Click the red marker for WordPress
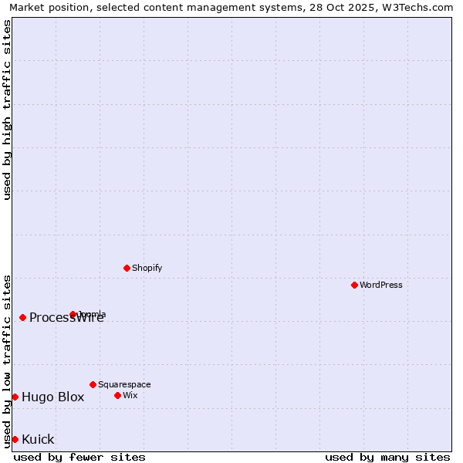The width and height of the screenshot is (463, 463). [x=354, y=285]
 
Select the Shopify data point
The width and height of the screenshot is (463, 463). [x=127, y=268]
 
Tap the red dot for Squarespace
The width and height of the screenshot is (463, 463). [x=93, y=384]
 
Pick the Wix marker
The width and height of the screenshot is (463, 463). [x=117, y=395]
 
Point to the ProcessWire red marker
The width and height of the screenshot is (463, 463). [x=22, y=317]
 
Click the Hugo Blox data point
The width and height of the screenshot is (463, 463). [x=15, y=397]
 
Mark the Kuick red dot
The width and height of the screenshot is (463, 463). [x=15, y=439]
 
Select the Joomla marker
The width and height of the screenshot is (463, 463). [x=73, y=314]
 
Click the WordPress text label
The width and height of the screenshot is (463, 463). [x=381, y=285]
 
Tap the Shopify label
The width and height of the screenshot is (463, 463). [x=147, y=268]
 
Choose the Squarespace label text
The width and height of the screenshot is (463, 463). [x=124, y=384]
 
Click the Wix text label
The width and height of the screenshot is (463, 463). [x=130, y=395]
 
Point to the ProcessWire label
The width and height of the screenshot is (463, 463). [x=66, y=318]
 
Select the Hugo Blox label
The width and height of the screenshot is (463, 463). [x=52, y=397]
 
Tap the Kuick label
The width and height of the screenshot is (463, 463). [x=38, y=440]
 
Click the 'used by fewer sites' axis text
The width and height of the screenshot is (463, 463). [x=79, y=457]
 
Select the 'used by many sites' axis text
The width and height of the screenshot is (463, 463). [x=387, y=457]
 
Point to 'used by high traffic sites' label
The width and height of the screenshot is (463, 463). [x=7, y=110]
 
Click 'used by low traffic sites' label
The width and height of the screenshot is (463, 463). [x=7, y=360]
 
